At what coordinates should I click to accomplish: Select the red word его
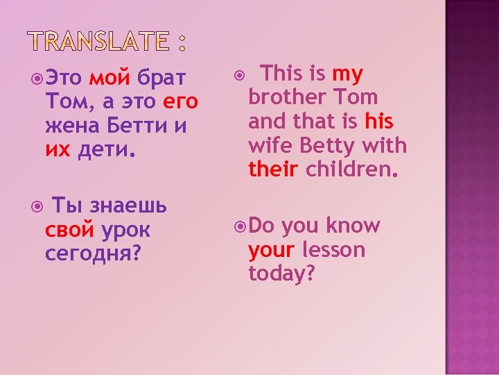181,103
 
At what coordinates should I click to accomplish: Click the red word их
58,151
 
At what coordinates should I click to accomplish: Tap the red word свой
69,230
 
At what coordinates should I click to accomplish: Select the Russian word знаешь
129,206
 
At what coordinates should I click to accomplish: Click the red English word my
348,74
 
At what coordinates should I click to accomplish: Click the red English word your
271,250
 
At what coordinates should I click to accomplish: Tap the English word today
281,274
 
